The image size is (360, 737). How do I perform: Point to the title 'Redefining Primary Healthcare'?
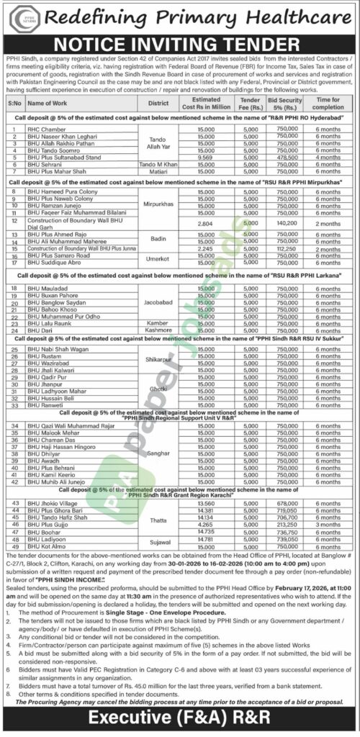coord(202,15)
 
